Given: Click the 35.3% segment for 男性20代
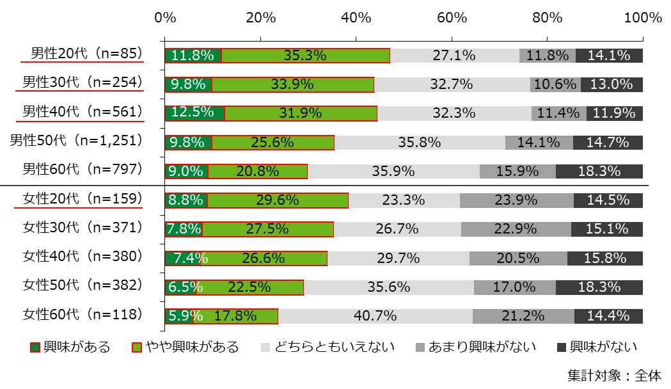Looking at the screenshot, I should [306, 56].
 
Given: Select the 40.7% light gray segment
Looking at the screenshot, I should [375, 316].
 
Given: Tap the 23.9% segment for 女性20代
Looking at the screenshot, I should [516, 200].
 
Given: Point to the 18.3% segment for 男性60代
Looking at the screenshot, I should [599, 171].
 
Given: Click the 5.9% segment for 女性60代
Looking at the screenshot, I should [179, 316].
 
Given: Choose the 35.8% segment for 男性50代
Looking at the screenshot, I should [420, 142].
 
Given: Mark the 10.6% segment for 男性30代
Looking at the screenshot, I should [555, 84].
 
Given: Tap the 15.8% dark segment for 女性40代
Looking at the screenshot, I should [605, 258].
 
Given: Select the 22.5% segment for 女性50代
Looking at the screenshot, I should [249, 287].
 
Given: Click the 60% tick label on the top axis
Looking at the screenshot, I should [452, 18].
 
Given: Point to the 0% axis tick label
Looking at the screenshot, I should [165, 18].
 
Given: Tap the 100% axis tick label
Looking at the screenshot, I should [642, 18].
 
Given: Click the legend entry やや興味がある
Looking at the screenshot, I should [192, 347].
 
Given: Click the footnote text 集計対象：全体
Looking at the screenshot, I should [614, 376].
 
